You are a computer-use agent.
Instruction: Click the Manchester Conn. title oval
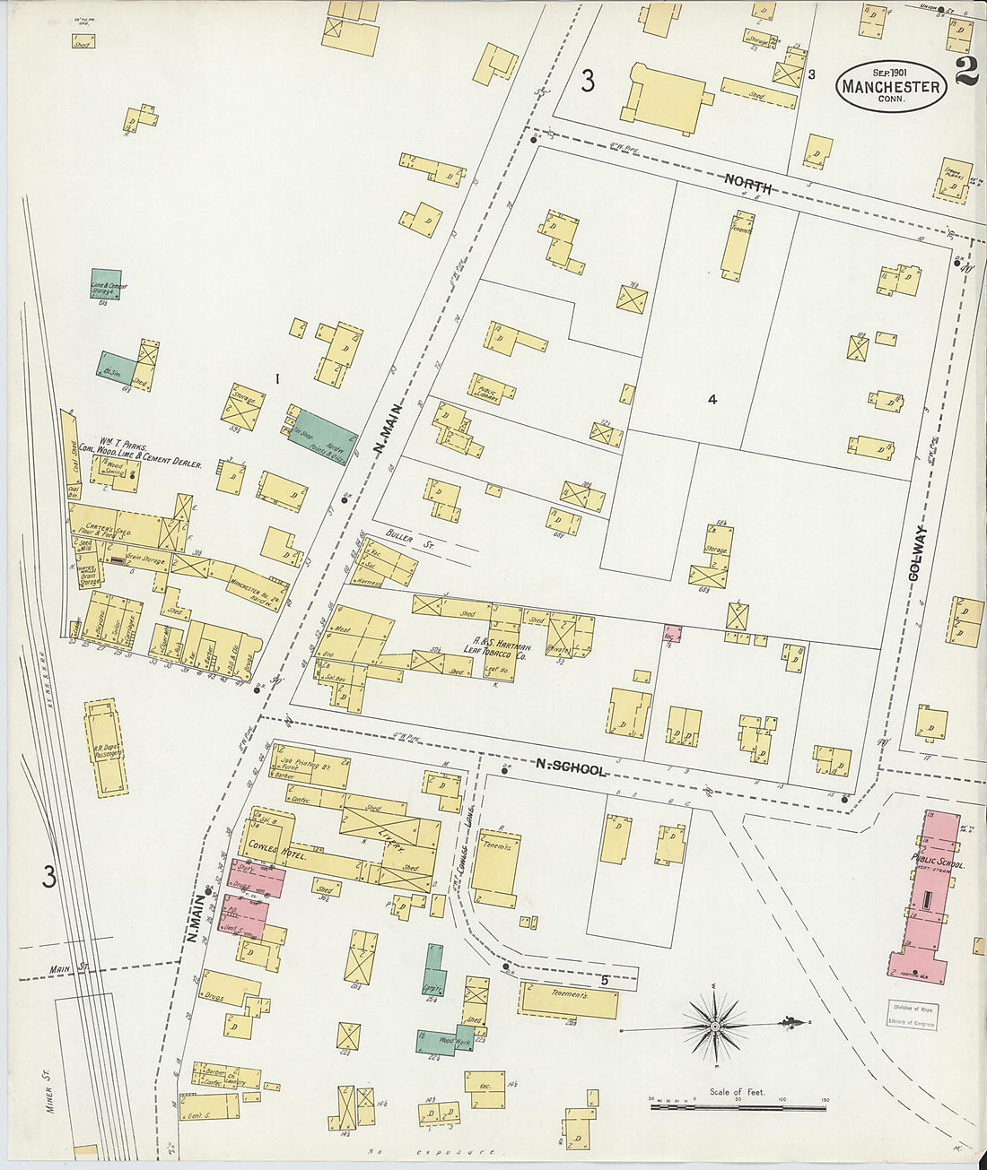[891, 86]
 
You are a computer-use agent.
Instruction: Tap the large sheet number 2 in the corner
[966, 72]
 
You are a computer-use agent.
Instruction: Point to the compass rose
[714, 1025]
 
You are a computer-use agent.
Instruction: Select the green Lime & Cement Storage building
[106, 285]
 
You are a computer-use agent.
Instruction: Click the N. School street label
[571, 770]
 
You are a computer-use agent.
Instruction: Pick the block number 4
[712, 401]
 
